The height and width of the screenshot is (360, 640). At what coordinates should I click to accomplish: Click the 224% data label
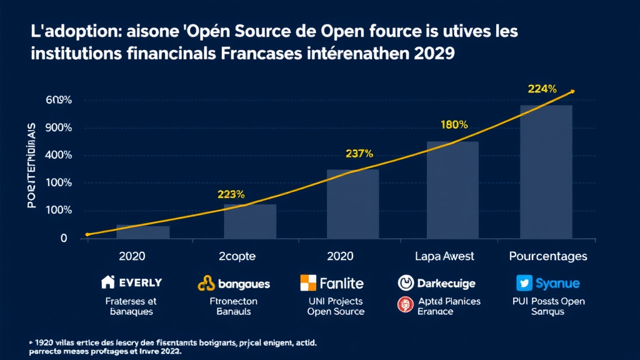click(542, 89)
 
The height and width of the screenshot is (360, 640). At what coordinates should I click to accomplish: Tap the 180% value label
click(454, 124)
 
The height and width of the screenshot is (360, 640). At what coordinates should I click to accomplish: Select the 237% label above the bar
click(359, 153)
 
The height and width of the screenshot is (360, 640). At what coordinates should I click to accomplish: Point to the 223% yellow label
click(231, 194)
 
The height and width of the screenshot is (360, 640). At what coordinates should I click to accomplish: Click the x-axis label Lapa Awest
click(444, 256)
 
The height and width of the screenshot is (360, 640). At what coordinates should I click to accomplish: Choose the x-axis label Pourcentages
click(547, 256)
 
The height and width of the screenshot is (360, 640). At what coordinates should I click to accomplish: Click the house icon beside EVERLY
click(107, 282)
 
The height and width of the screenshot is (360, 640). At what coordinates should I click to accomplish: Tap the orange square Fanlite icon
click(308, 283)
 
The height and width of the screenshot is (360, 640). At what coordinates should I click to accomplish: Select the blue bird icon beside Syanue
click(524, 283)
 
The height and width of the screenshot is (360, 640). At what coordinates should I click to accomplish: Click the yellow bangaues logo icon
click(207, 284)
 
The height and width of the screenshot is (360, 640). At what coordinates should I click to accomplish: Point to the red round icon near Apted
click(404, 304)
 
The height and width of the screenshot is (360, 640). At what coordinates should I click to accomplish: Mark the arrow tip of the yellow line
click(572, 91)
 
